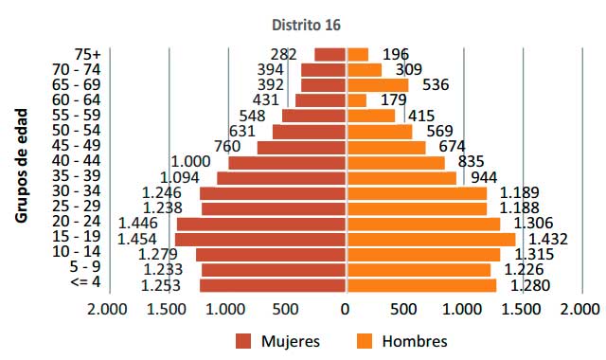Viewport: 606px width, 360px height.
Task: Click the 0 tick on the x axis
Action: (345, 309)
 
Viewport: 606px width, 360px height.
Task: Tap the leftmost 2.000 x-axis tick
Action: (107, 309)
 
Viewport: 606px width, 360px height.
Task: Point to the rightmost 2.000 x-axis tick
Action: (579, 309)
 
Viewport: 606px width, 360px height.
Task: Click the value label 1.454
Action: (137, 239)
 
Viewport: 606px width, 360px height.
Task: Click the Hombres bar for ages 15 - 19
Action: (430, 239)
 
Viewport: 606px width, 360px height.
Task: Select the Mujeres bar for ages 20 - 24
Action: (260, 224)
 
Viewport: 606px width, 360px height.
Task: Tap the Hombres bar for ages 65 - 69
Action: (377, 85)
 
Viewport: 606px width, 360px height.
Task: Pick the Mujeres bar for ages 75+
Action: (330, 55)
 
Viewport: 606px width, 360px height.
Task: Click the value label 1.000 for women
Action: (190, 162)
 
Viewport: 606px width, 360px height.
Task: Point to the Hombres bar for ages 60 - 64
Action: (356, 100)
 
